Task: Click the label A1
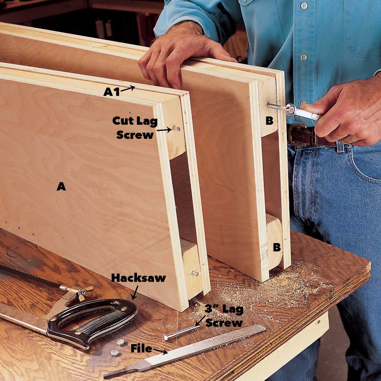[x=111, y=92]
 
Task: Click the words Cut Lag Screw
[x=135, y=128]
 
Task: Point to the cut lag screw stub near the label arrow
[x=176, y=129]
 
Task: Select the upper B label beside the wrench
[x=269, y=121]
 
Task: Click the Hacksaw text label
[x=138, y=278]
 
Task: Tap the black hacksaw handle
[x=95, y=321]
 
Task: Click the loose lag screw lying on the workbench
[x=181, y=332]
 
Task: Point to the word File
[x=141, y=349]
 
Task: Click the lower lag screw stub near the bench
[x=195, y=273]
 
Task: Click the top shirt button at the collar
[x=304, y=5]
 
